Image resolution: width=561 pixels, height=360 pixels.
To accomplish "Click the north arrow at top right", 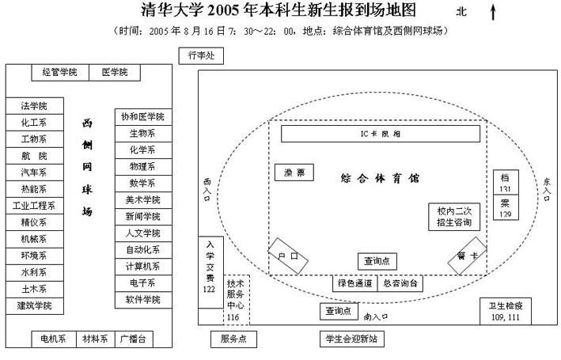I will pyautogui.click(x=493, y=11).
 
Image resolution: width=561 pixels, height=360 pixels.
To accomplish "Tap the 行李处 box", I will pyautogui.click(x=201, y=56).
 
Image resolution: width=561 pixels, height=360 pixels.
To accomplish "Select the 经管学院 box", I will pyautogui.click(x=60, y=73).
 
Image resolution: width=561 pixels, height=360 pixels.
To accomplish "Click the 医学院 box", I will pyautogui.click(x=120, y=73).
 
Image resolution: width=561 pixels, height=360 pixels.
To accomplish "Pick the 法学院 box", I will pyautogui.click(x=34, y=106).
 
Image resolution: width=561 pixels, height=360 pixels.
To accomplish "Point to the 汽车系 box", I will pyautogui.click(x=34, y=172).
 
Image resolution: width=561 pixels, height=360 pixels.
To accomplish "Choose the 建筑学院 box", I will pyautogui.click(x=34, y=305).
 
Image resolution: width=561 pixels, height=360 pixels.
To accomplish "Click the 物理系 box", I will pyautogui.click(x=142, y=166).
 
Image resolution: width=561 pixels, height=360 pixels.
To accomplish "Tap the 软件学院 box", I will pyautogui.click(x=142, y=300).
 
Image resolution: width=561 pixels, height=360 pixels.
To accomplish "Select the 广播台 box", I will pyautogui.click(x=133, y=339).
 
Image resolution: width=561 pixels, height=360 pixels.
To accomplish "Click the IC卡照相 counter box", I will pyautogui.click(x=381, y=134).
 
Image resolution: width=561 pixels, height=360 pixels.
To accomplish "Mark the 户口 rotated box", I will pyautogui.click(x=286, y=256).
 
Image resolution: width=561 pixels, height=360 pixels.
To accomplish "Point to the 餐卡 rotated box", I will pyautogui.click(x=467, y=256).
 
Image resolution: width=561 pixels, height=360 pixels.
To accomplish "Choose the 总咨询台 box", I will pyautogui.click(x=398, y=283).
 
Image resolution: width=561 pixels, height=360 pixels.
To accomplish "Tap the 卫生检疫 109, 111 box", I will pyautogui.click(x=504, y=311).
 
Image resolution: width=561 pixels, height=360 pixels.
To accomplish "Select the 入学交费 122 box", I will pyautogui.click(x=210, y=267).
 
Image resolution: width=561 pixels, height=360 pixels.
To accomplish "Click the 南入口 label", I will pyautogui.click(x=377, y=316).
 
